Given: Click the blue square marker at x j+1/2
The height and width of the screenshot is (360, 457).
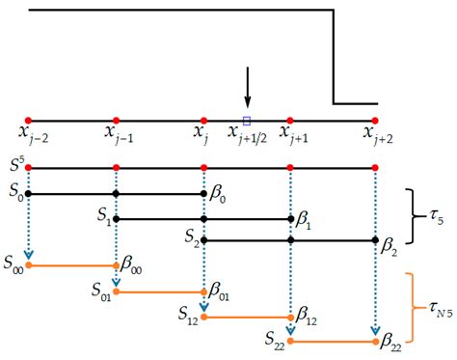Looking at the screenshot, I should click(x=247, y=121).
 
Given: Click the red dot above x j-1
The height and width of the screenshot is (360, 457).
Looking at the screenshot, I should click(x=116, y=121).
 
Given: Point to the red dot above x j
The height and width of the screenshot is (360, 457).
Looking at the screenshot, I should click(x=202, y=121).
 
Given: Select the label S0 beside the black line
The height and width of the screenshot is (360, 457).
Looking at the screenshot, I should click(x=13, y=193).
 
